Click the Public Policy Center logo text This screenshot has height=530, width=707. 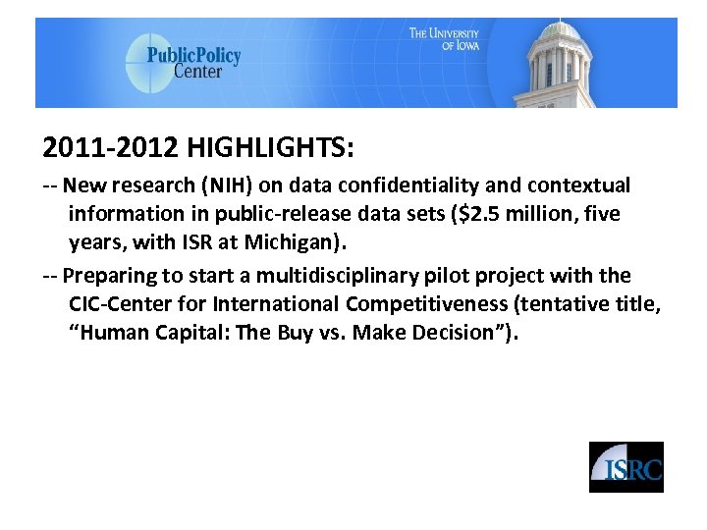193,62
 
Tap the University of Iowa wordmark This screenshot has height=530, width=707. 444,39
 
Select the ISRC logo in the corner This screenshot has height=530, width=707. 625,467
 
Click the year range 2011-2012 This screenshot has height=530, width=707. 111,148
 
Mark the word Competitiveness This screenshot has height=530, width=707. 426,304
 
